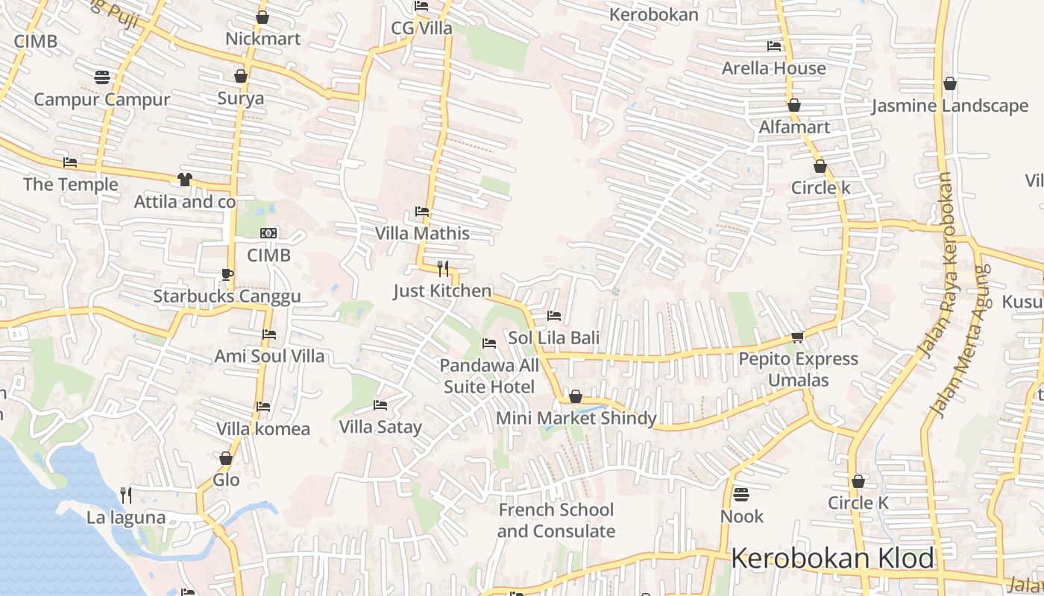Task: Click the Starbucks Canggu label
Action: [227, 297]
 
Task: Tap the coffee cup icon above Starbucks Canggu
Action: [227, 274]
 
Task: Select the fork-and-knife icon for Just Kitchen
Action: [442, 269]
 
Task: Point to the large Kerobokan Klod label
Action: [832, 558]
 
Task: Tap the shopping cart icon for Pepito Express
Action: [797, 337]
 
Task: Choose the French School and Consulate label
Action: [556, 521]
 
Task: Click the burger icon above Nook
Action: [740, 494]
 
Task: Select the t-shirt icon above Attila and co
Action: [184, 180]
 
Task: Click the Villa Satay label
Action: [380, 427]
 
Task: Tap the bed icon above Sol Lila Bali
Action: [553, 316]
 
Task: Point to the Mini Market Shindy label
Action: [576, 418]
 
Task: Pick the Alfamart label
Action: [794, 127]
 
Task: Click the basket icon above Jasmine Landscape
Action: [950, 83]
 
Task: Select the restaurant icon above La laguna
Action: [126, 495]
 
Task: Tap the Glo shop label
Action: [226, 479]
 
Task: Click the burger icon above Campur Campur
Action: [102, 77]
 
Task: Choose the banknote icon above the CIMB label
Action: [268, 233]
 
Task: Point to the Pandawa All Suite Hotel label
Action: [489, 375]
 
